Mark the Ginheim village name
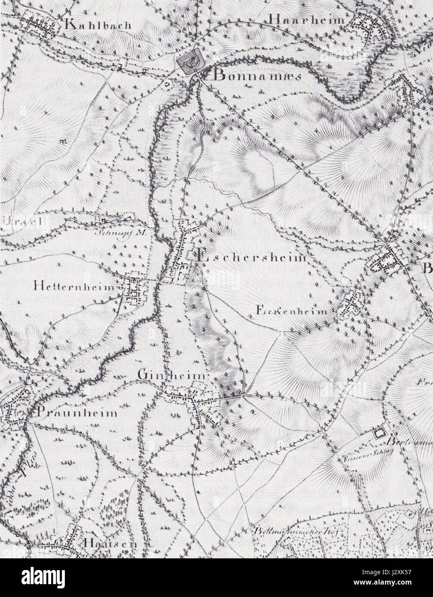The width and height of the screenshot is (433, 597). click(173, 375)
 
